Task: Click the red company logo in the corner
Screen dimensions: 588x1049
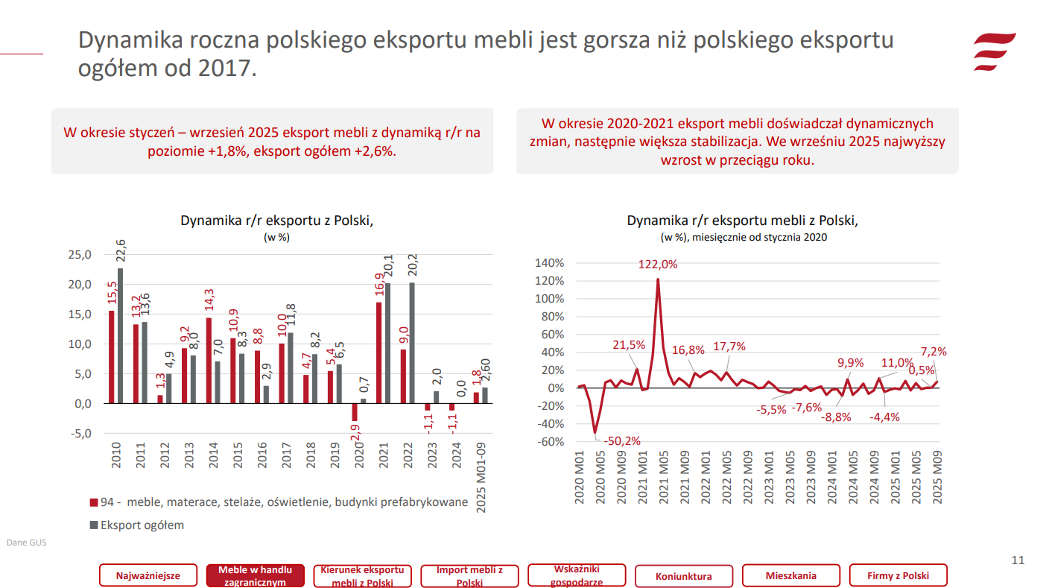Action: point(995,52)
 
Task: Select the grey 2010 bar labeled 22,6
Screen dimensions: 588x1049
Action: point(120,335)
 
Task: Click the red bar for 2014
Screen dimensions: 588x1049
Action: point(209,361)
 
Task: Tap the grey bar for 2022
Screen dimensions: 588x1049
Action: point(412,343)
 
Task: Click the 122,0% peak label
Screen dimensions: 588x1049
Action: point(658,265)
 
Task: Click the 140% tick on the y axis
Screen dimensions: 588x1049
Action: point(550,263)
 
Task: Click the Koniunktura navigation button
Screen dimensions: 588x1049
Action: point(683,576)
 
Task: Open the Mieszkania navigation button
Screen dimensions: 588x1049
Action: point(790,576)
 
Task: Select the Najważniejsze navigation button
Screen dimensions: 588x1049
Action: point(148,576)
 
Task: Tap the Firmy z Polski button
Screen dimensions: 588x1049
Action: point(898,576)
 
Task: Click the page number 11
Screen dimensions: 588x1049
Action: point(1018,560)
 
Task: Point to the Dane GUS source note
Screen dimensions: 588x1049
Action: point(26,543)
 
